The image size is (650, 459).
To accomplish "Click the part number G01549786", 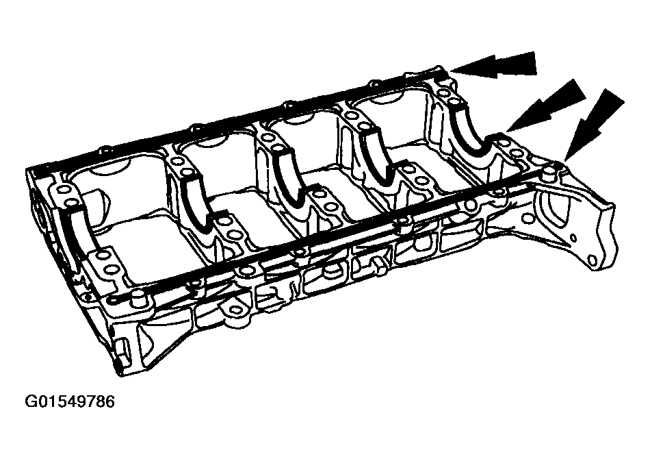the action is coord(70,401).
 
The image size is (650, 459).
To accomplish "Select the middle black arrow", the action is coord(546,105).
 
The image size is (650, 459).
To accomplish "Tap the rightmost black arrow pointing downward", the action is coord(594,125).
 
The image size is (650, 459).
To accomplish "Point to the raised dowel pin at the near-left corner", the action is coord(138,298).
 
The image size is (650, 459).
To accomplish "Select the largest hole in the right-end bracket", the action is coord(593,260).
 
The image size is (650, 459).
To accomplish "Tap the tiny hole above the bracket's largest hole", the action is coord(573,238).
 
